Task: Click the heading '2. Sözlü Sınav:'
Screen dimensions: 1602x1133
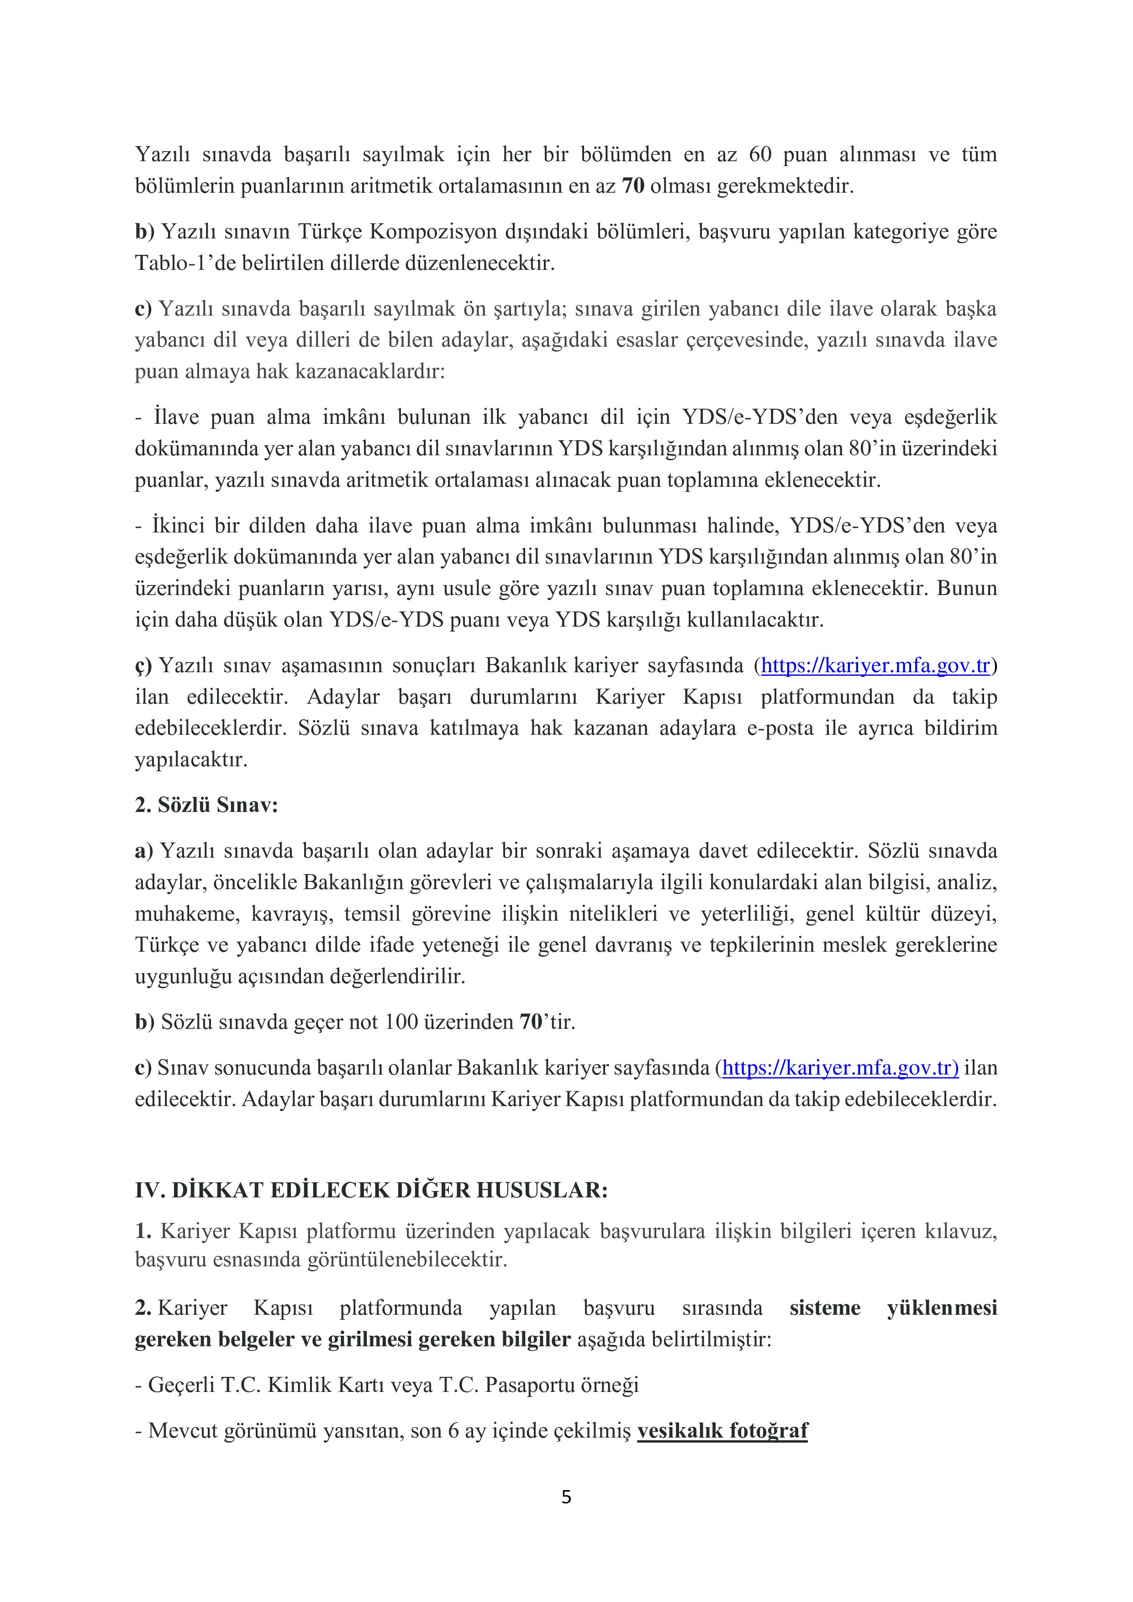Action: coord(206,805)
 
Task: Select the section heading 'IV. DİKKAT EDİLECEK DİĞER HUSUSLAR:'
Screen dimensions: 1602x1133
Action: coord(371,1190)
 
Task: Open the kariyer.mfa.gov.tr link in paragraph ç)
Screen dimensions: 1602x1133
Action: coord(875,666)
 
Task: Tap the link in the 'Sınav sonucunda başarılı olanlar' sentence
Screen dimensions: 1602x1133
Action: coord(840,1068)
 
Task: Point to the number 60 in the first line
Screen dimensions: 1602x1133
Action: coord(760,154)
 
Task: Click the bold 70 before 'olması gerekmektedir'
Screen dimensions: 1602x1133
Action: coord(633,186)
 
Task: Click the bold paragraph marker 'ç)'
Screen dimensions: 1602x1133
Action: coord(143,666)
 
